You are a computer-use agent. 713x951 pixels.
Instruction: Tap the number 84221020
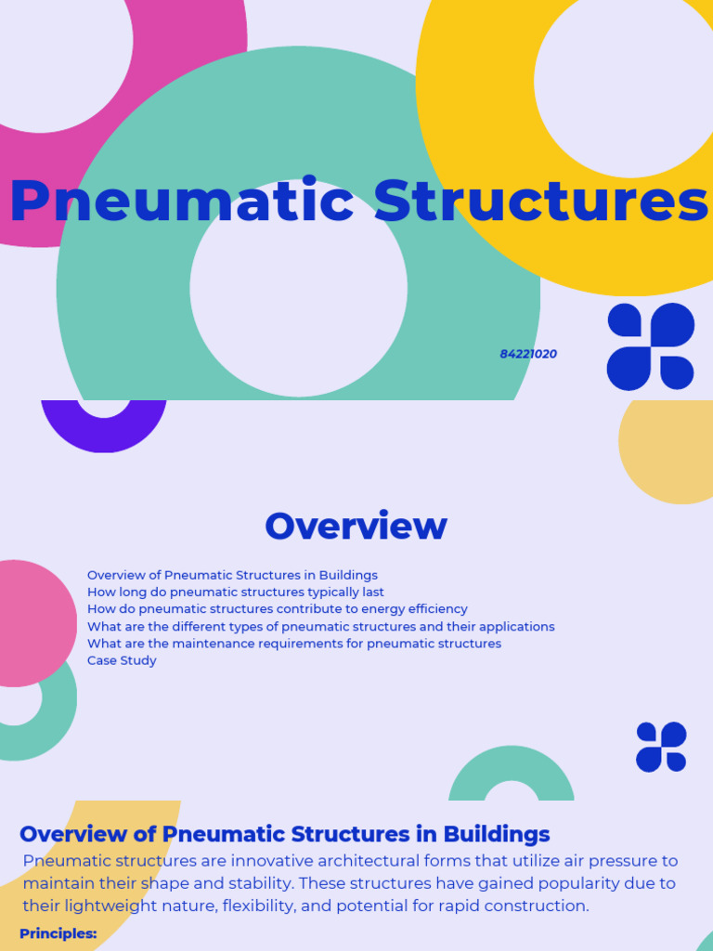(528, 354)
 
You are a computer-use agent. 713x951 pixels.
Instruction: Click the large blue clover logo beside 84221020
(651, 346)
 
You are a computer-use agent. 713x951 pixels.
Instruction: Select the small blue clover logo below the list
(661, 747)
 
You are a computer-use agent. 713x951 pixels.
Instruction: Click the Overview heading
(356, 526)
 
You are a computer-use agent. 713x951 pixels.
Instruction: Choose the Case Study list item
(122, 660)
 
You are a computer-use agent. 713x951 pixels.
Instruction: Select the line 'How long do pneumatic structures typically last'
(235, 593)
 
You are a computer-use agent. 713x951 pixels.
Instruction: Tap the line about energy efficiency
(277, 609)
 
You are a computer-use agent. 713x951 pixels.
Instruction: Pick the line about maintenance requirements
(293, 644)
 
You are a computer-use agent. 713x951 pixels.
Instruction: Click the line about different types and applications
(320, 627)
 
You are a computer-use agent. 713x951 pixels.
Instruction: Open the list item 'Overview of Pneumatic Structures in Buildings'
(232, 576)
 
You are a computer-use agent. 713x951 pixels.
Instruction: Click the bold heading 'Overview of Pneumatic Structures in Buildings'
(284, 833)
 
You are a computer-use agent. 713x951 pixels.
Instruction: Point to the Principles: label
(58, 933)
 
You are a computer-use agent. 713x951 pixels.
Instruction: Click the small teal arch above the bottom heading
(512, 771)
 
